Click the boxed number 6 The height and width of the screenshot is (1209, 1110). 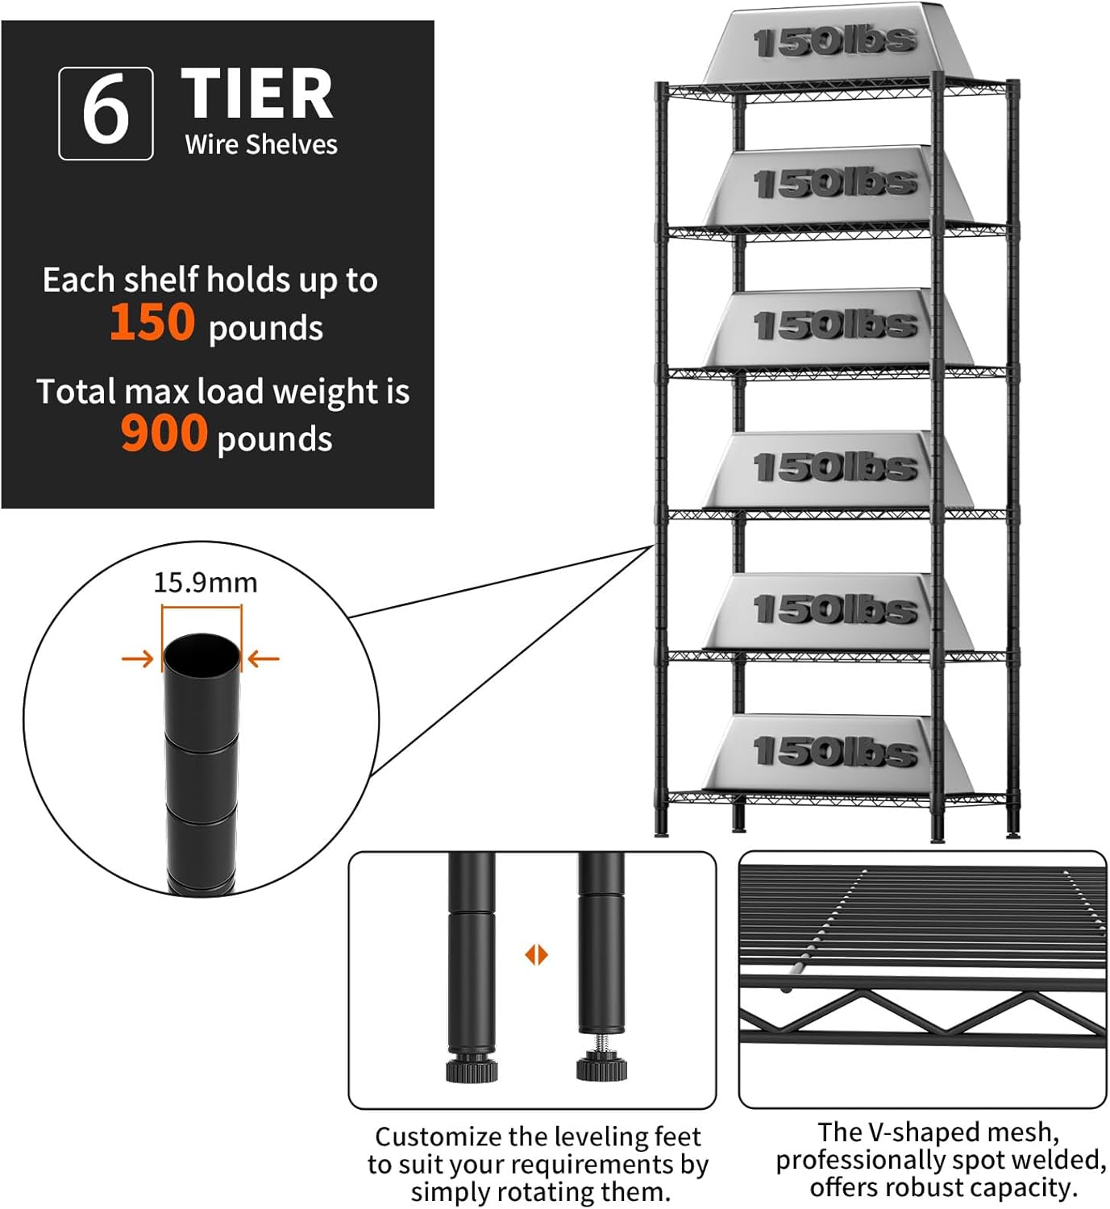click(106, 114)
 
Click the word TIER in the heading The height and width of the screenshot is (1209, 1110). click(257, 95)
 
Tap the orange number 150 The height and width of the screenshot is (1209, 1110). click(152, 322)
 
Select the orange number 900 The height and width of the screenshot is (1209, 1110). click(164, 434)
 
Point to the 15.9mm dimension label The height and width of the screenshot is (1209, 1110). click(206, 583)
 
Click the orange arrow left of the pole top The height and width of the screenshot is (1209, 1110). click(138, 659)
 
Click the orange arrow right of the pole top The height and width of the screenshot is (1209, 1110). click(264, 659)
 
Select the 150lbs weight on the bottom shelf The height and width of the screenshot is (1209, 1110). click(835, 752)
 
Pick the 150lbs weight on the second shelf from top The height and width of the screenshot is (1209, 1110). click(835, 185)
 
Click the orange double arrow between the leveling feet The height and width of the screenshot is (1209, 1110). click(536, 955)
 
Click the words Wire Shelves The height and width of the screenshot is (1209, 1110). click(261, 145)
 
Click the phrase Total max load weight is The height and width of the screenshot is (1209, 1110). click(223, 393)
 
